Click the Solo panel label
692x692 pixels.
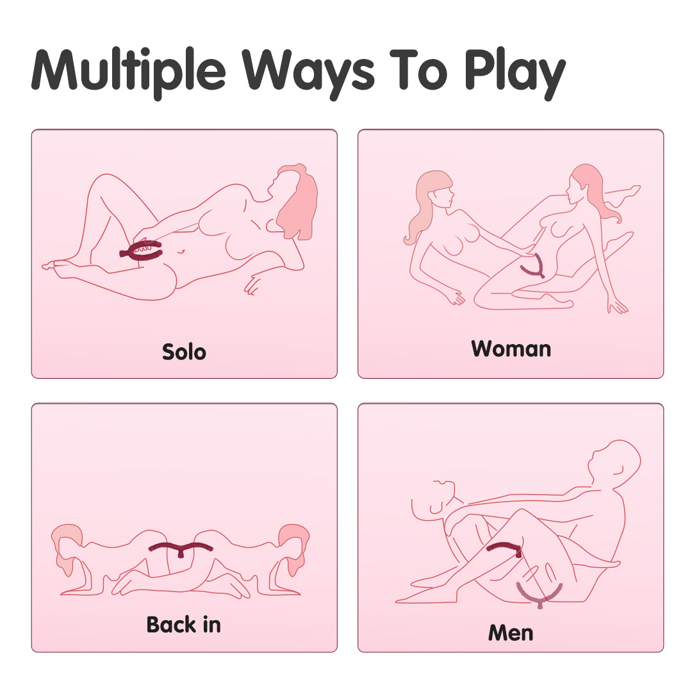click(184, 352)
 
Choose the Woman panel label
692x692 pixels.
click(511, 349)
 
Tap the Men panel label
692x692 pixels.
click(511, 632)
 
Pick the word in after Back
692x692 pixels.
click(210, 624)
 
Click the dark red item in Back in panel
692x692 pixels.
click(180, 548)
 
